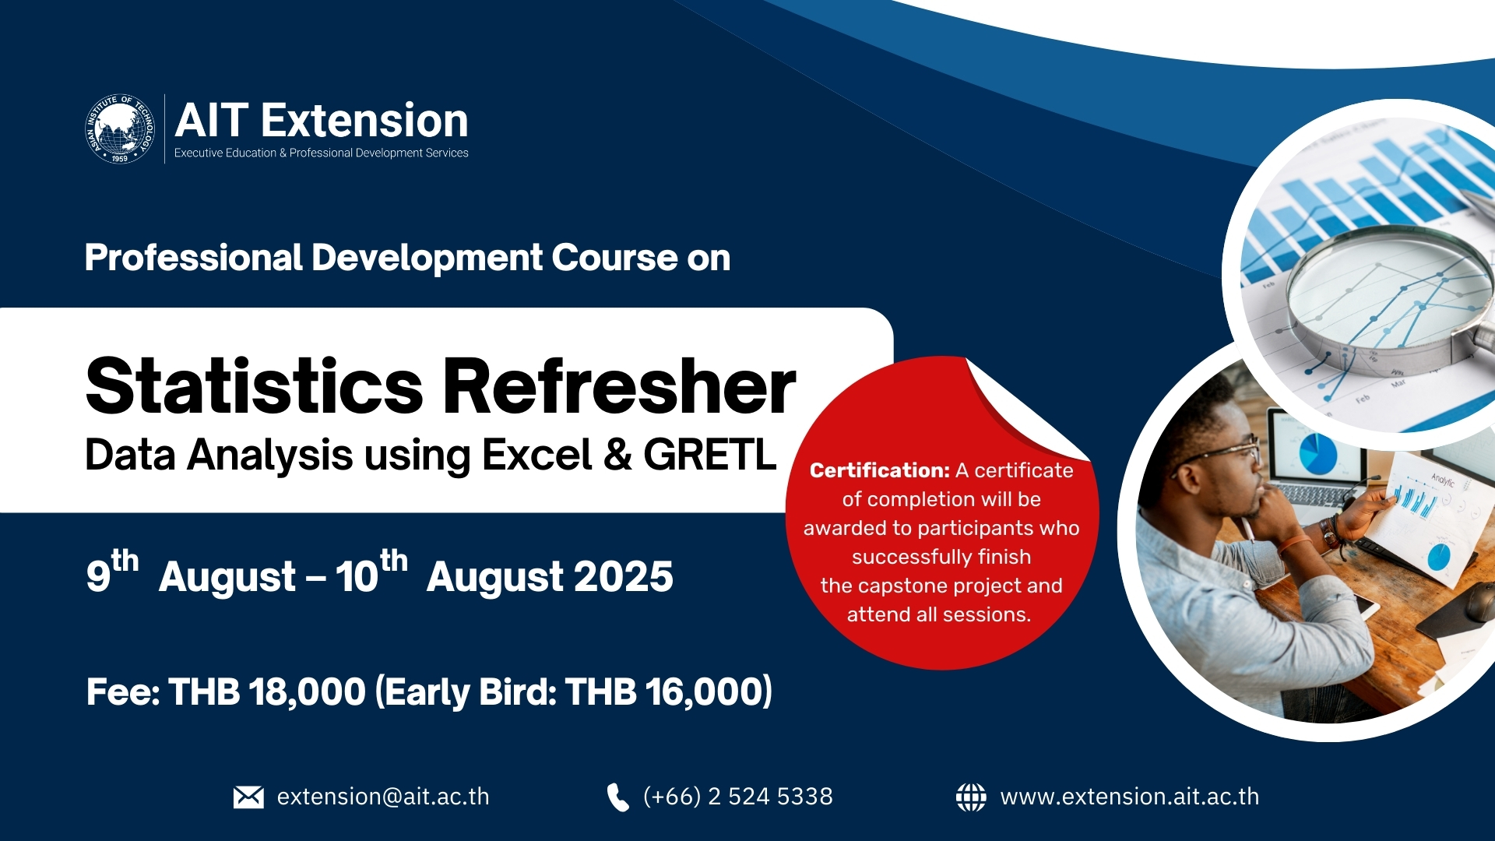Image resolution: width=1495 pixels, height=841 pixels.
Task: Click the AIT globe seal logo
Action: point(119,129)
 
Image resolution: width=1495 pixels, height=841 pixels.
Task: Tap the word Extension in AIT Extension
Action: point(364,121)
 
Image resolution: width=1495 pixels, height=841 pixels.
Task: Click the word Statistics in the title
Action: point(254,387)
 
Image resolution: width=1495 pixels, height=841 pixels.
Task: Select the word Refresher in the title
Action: point(619,387)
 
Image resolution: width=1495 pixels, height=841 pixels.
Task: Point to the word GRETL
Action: point(709,455)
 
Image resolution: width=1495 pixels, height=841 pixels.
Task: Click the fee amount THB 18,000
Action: point(266,691)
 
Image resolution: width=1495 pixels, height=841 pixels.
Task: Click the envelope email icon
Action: point(248,797)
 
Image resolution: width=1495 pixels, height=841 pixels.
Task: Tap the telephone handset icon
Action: point(617,797)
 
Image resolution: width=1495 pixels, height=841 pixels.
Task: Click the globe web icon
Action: point(970,797)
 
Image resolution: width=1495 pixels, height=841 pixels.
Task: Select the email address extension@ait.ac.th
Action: point(383,797)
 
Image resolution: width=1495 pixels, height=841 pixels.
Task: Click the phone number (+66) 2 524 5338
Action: point(737,797)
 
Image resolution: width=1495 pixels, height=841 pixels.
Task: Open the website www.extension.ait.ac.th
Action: point(1129,797)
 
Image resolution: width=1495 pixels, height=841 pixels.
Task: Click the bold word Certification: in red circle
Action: point(879,470)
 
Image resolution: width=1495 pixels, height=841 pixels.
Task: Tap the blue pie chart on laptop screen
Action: point(1317,456)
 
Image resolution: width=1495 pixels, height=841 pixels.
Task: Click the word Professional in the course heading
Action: point(193,258)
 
